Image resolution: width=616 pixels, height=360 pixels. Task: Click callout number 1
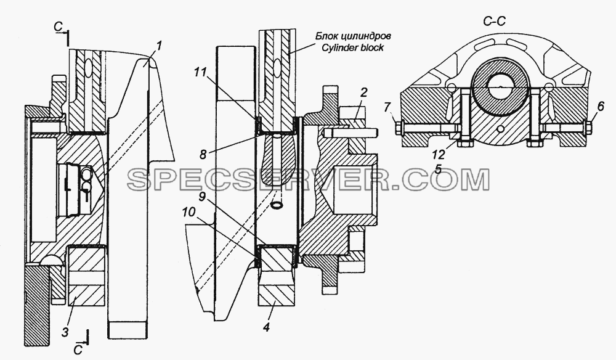tap(158, 46)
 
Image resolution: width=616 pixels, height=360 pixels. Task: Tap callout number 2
tap(363, 93)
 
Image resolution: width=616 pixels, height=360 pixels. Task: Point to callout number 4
tap(266, 327)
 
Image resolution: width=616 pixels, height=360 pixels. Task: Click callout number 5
tap(438, 169)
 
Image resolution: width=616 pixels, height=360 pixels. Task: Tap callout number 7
tap(387, 107)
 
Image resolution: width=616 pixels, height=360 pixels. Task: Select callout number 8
tap(203, 155)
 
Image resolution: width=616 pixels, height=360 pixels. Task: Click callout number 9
tap(202, 197)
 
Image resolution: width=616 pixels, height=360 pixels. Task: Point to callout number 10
tap(189, 213)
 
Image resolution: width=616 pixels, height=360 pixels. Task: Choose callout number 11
tap(200, 72)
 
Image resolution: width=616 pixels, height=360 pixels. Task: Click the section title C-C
tap(494, 22)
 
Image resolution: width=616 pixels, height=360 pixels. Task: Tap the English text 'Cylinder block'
tap(352, 47)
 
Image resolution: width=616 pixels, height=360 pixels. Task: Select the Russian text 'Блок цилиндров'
tap(354, 36)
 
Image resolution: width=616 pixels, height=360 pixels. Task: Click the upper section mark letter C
tap(59, 27)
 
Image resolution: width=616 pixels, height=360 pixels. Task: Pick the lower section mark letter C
tap(78, 350)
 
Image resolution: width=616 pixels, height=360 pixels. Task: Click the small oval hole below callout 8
tap(277, 205)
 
